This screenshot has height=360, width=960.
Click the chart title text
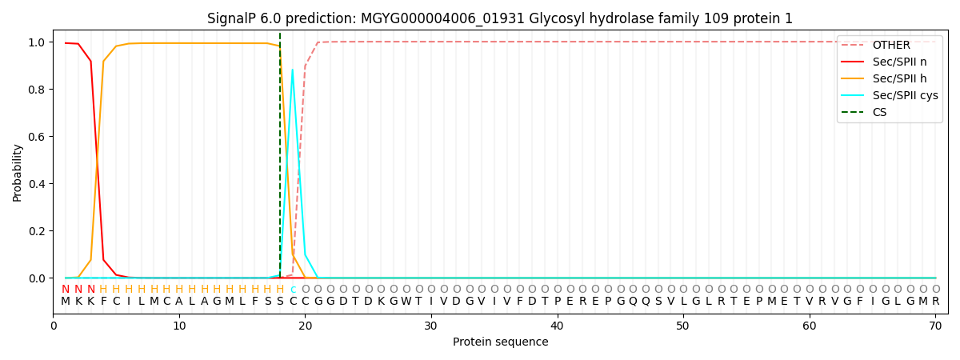tap(500, 18)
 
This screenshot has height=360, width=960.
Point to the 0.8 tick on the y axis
tap(37, 90)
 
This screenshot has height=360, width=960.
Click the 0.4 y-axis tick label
tap(37, 184)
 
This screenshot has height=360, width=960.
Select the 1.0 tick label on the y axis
tap(37, 42)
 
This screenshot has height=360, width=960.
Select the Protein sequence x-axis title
tap(500, 342)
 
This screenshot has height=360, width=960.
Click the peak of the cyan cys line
tap(292, 70)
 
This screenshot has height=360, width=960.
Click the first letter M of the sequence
tap(66, 302)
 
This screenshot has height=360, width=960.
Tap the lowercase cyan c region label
tap(293, 290)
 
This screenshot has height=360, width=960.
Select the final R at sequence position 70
tap(935, 302)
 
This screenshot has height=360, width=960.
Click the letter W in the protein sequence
tap(406, 302)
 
